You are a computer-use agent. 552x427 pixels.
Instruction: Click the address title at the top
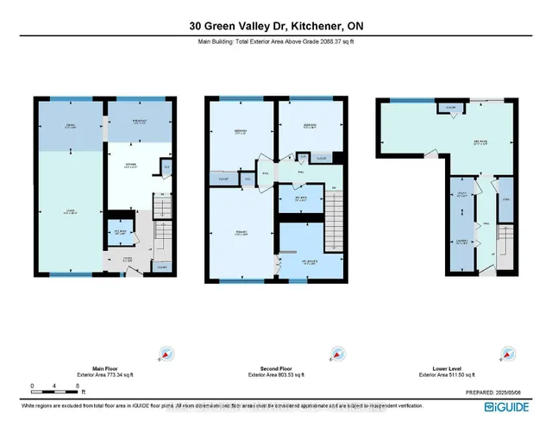pos(275,26)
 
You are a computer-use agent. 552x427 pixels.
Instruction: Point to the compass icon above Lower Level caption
pos(504,354)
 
